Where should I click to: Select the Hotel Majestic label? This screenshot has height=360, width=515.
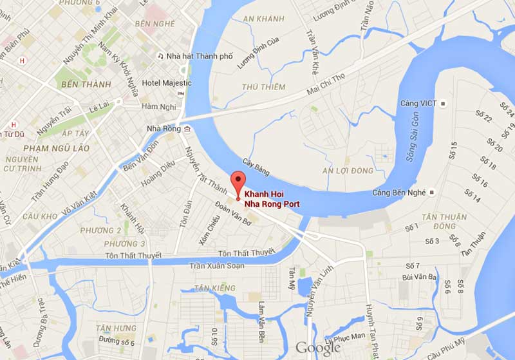[167, 83]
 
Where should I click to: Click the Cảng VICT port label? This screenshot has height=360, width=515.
[419, 103]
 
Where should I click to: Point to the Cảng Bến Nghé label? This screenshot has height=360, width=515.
[400, 193]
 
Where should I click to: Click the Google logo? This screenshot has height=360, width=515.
[317, 348]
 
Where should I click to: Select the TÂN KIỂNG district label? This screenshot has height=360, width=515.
[214, 288]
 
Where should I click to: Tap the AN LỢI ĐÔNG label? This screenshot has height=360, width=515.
[348, 171]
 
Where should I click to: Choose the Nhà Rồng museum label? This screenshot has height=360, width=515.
[164, 129]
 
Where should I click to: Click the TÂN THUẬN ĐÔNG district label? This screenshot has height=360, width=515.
[444, 222]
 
